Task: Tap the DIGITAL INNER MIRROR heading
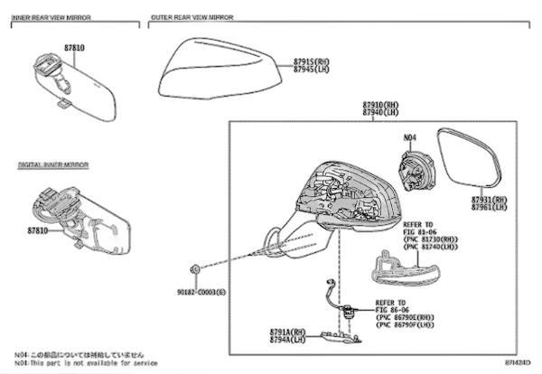coord(52,166)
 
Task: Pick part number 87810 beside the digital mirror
coord(39,231)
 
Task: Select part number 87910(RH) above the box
coord(381,106)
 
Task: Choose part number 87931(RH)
coord(489,200)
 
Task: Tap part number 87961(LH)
coord(489,207)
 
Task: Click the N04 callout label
coord(409,137)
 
